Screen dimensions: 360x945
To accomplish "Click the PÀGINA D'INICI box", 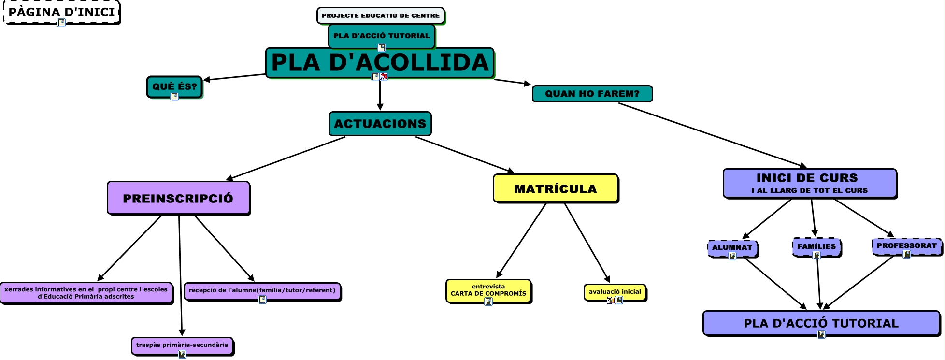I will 61,12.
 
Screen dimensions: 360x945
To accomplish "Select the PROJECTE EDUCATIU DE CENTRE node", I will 380,15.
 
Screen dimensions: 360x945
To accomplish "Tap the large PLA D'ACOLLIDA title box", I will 380,62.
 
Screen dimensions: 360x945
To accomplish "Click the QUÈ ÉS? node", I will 174,86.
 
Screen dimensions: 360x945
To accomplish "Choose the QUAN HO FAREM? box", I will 592,94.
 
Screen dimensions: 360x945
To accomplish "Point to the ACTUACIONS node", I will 380,124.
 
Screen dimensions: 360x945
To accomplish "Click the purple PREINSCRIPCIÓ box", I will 178,198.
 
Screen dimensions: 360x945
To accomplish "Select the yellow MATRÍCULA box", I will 555,188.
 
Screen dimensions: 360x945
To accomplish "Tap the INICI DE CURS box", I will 810,183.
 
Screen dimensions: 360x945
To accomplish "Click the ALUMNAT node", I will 732,247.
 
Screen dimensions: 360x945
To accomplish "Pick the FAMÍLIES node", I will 816,246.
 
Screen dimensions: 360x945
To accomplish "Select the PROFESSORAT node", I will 906,245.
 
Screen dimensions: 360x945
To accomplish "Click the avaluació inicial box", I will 615,291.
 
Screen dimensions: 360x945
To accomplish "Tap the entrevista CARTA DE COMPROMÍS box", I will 488,290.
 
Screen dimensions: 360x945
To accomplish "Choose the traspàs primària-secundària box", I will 182,345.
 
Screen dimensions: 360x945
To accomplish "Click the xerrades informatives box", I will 86,293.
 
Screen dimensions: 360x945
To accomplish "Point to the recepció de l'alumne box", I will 262,290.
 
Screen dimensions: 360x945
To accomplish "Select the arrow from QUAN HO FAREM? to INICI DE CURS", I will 710,135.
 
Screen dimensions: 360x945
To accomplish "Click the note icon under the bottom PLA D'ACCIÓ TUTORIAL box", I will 821,334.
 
